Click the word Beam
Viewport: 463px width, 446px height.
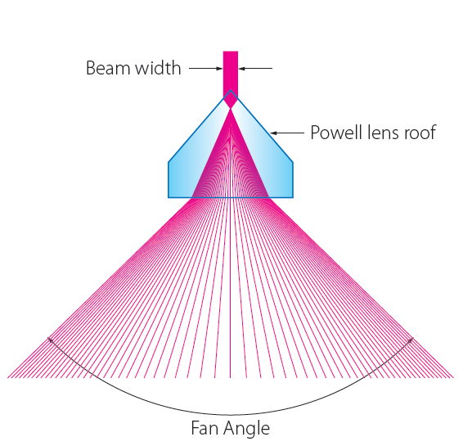tap(108, 68)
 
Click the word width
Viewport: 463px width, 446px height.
tap(158, 68)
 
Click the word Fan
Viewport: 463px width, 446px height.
tap(204, 428)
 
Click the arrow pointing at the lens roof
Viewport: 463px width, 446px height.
tap(287, 133)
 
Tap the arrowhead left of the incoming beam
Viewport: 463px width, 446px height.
tap(219, 69)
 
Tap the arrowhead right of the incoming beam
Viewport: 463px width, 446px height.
tap(241, 69)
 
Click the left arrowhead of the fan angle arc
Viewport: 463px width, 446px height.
tap(50, 340)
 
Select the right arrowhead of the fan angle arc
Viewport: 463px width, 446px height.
tap(411, 340)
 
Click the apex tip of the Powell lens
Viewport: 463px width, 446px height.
tap(231, 90)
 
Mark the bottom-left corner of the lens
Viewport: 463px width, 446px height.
tap(169, 197)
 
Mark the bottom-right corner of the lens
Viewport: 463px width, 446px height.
tap(293, 197)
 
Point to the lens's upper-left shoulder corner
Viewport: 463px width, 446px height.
tap(169, 162)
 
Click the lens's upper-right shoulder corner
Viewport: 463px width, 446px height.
tap(293, 162)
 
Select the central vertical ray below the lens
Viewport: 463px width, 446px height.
tap(231, 288)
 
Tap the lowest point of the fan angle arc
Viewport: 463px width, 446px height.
tap(230, 415)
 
